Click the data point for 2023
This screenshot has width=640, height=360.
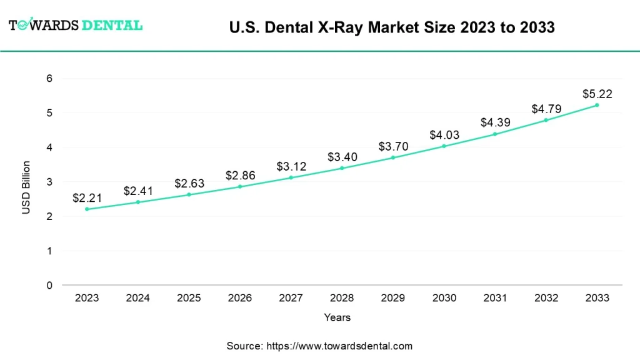[x=87, y=209]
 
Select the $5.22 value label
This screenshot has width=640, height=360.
[x=597, y=94]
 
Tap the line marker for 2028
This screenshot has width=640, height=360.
[x=342, y=168]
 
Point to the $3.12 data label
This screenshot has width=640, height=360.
[x=291, y=167]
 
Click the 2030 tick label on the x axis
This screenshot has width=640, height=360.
[x=444, y=298]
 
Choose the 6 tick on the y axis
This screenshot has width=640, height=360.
[x=49, y=79]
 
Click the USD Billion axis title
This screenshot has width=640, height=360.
[x=26, y=187]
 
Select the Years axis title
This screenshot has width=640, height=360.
[x=337, y=317]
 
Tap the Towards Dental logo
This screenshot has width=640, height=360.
[x=76, y=26]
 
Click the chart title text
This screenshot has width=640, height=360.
[x=392, y=27]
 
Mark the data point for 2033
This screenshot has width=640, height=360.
[x=597, y=105]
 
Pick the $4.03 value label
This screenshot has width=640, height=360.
[x=444, y=135]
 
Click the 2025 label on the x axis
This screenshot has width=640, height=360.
[x=189, y=298]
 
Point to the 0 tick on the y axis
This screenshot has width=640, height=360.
[x=49, y=286]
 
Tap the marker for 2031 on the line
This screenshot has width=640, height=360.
[x=495, y=134]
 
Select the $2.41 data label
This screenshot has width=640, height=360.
[x=137, y=191]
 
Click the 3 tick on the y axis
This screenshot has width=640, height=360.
[x=49, y=182]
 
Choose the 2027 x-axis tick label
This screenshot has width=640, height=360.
[x=291, y=298]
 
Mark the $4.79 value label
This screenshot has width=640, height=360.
[x=546, y=109]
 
